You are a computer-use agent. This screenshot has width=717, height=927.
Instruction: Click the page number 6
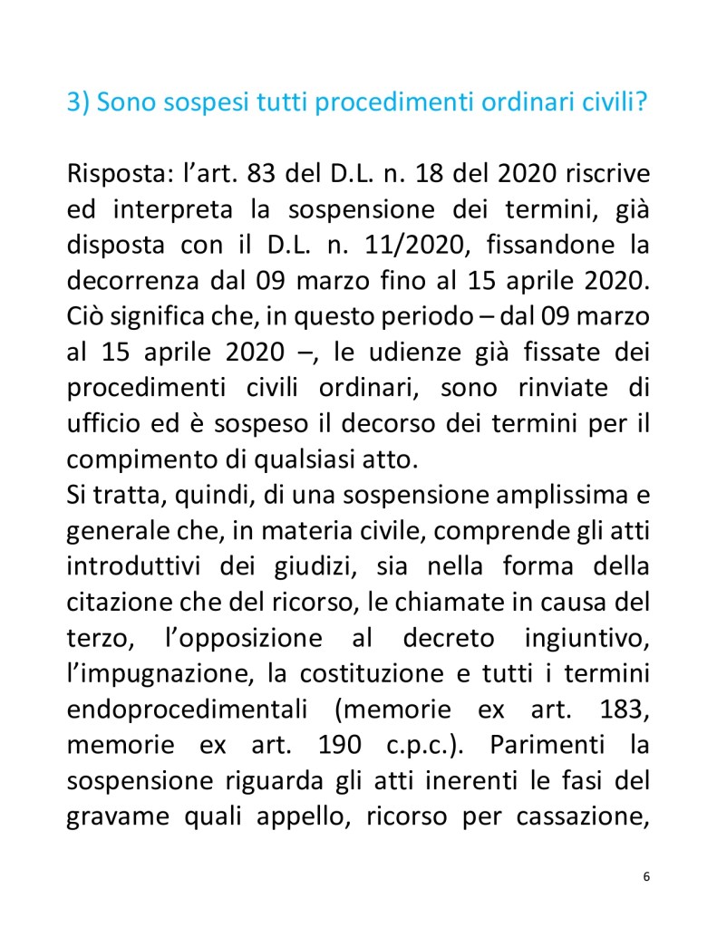point(645,876)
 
